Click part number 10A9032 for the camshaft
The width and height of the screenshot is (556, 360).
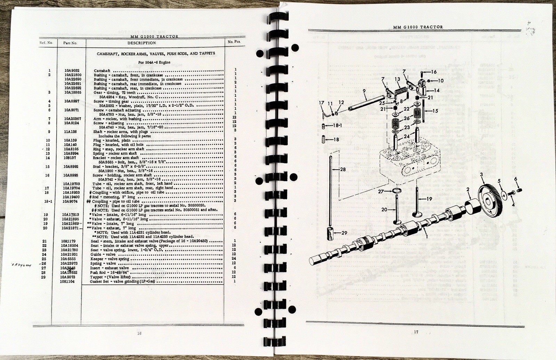coord(72,71)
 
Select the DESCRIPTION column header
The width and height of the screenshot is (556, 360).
coord(141,43)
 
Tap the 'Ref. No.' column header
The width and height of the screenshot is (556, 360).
coord(46,43)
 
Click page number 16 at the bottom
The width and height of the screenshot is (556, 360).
coord(139,333)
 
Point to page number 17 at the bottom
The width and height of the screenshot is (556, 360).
coord(416,332)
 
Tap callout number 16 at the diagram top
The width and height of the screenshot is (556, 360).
coord(434,72)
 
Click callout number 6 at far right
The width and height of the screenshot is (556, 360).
coord(516,179)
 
